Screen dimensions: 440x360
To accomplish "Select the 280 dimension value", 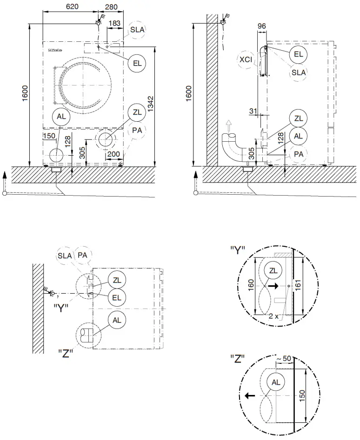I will (111, 7).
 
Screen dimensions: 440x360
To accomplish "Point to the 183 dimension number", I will (114, 23).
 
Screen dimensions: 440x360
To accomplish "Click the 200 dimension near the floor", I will (113, 154).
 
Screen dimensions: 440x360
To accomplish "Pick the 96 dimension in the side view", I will (261, 26).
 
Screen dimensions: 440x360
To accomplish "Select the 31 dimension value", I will (253, 110).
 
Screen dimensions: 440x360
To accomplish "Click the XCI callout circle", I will (246, 59).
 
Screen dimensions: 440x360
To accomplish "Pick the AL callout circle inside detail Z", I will (276, 382).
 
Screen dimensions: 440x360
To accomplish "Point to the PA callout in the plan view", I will (83, 255).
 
